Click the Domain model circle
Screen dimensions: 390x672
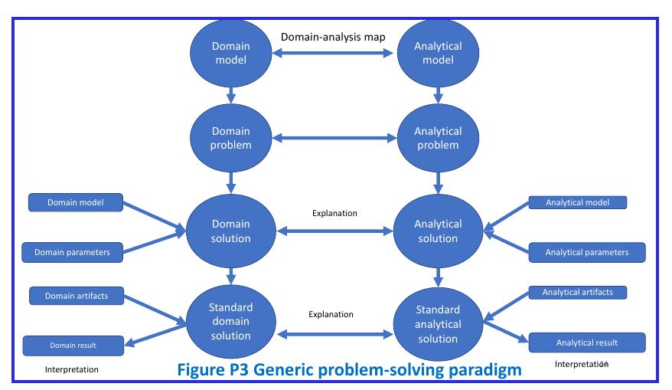[x=230, y=53]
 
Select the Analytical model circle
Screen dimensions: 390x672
[x=438, y=53]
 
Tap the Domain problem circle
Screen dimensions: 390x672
[x=230, y=138]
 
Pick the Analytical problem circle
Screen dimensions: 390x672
[x=438, y=138]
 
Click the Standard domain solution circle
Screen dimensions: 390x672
[x=230, y=321]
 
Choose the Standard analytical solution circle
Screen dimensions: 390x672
[x=438, y=323]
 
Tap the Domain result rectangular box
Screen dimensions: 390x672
[x=73, y=346]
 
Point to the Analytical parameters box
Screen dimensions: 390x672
[x=587, y=252]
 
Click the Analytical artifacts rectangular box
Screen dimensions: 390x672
[x=578, y=292]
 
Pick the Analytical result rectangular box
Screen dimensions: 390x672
[x=587, y=342]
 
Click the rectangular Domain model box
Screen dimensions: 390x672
[x=75, y=202]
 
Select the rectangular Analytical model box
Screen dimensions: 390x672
[x=578, y=202]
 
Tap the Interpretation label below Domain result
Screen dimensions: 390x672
[x=71, y=369]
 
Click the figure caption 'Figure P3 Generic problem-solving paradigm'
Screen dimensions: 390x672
[x=349, y=370]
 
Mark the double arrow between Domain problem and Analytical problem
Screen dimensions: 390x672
[x=334, y=139]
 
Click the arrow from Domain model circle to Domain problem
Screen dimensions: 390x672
[x=230, y=93]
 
